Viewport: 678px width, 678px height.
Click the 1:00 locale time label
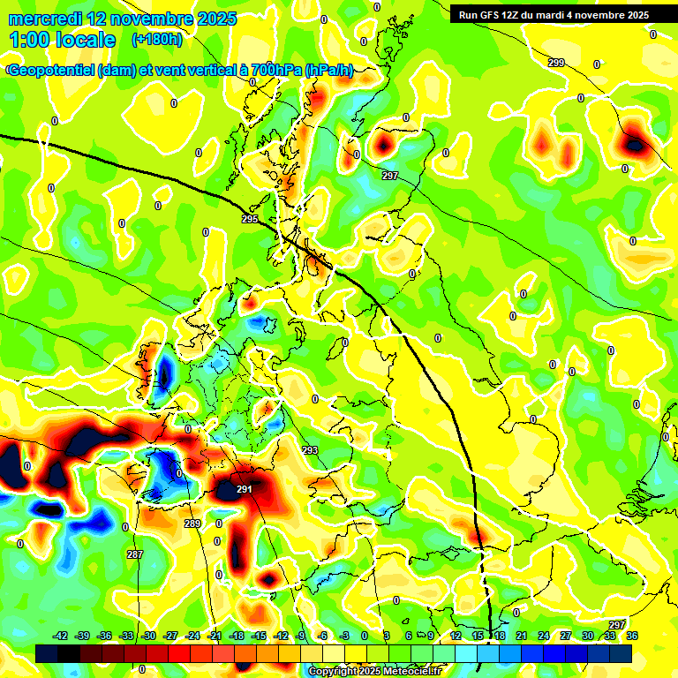point(62,40)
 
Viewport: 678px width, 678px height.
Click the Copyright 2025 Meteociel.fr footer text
point(374,671)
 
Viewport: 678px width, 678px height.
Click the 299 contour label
point(555,62)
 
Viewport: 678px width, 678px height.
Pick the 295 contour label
point(250,219)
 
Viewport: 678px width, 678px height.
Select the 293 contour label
point(310,450)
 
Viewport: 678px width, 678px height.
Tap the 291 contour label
point(245,489)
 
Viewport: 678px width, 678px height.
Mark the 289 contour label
point(192,524)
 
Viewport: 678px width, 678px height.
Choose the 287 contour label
point(134,554)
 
